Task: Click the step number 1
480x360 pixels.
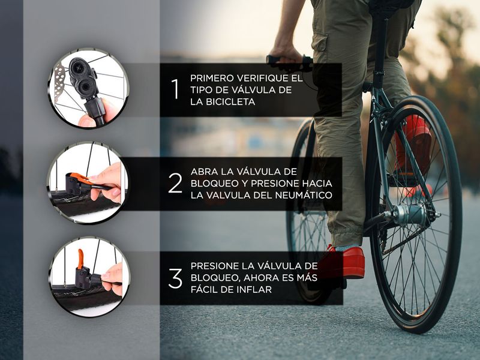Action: (x=175, y=89)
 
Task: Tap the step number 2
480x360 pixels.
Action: (x=175, y=183)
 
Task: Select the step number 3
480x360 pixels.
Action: (x=175, y=278)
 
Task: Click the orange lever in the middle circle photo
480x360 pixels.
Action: (x=81, y=179)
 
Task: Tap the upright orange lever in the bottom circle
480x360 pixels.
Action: (x=80, y=259)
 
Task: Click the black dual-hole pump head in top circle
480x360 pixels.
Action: (x=82, y=79)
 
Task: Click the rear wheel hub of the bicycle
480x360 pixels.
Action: (x=409, y=214)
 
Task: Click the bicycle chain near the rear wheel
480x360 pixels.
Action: (x=404, y=242)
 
